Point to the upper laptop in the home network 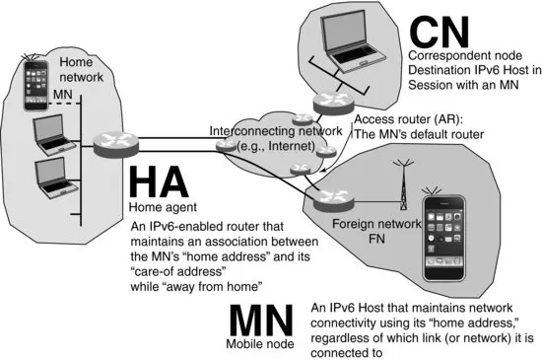tap(49, 133)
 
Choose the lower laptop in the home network tap(49, 176)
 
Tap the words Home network tap(81, 68)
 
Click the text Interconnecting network tap(266, 131)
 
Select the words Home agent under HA tap(160, 209)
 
